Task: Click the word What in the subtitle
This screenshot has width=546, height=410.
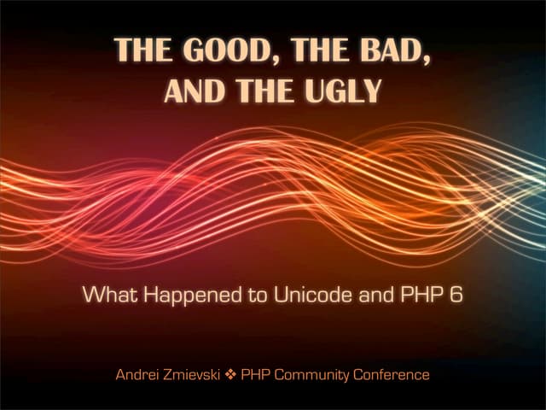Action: (x=104, y=297)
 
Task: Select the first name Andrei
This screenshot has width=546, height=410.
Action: (x=136, y=375)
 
